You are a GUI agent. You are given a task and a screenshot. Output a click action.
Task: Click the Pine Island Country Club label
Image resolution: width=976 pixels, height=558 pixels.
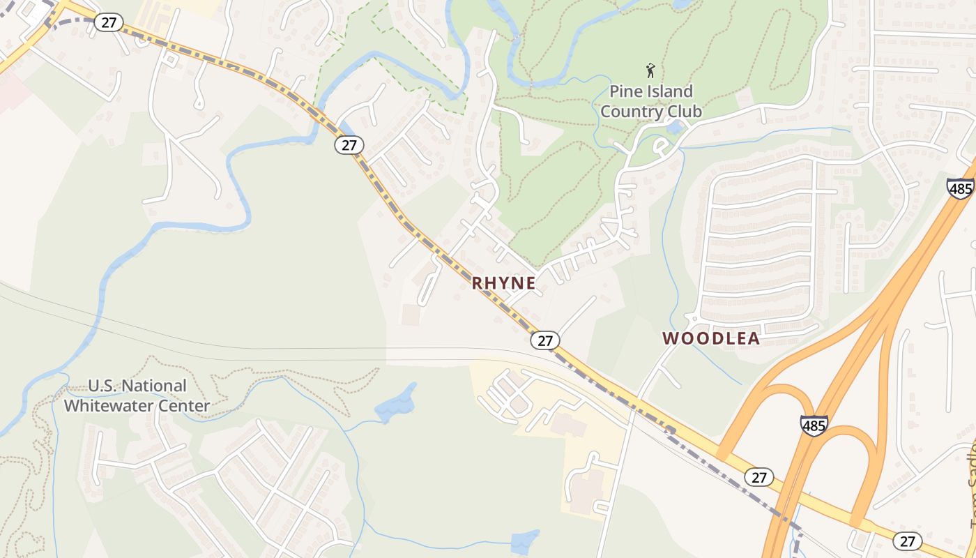pyautogui.click(x=651, y=101)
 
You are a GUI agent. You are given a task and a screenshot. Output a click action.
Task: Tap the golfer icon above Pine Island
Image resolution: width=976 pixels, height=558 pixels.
pyautogui.click(x=651, y=70)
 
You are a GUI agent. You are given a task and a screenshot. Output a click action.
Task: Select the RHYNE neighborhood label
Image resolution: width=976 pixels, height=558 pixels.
pyautogui.click(x=504, y=282)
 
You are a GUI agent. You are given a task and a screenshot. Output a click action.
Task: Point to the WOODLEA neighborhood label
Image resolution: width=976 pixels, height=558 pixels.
pyautogui.click(x=711, y=338)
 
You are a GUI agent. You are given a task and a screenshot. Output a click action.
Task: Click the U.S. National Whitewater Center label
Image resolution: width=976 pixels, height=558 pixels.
pyautogui.click(x=137, y=395)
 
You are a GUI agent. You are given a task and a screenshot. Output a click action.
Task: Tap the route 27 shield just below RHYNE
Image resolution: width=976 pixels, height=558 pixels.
pyautogui.click(x=545, y=340)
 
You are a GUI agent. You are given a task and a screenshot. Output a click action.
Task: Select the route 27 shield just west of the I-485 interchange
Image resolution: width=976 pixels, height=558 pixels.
pyautogui.click(x=759, y=477)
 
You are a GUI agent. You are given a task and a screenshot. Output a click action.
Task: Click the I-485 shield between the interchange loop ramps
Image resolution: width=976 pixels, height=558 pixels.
pyautogui.click(x=814, y=425)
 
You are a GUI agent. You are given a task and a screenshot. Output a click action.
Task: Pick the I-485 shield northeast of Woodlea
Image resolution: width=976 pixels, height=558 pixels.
pyautogui.click(x=960, y=188)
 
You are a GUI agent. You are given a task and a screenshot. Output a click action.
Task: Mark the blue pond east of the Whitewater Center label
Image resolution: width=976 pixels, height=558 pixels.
pyautogui.click(x=396, y=405)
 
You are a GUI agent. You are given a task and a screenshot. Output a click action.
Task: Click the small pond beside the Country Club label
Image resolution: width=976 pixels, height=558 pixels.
pyautogui.click(x=674, y=128)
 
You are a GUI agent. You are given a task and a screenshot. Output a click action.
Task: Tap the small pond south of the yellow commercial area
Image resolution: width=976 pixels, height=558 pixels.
pyautogui.click(x=524, y=541)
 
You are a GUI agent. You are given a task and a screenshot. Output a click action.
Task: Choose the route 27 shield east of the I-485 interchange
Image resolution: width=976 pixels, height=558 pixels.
pyautogui.click(x=907, y=541)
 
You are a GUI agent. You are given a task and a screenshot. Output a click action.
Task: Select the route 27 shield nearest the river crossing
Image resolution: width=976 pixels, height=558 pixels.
pyautogui.click(x=349, y=144)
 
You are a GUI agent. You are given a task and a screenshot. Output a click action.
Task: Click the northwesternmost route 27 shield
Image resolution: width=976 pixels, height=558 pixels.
pyautogui.click(x=108, y=22)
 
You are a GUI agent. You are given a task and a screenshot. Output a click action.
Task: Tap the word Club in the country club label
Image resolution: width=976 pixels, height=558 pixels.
pyautogui.click(x=682, y=112)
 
